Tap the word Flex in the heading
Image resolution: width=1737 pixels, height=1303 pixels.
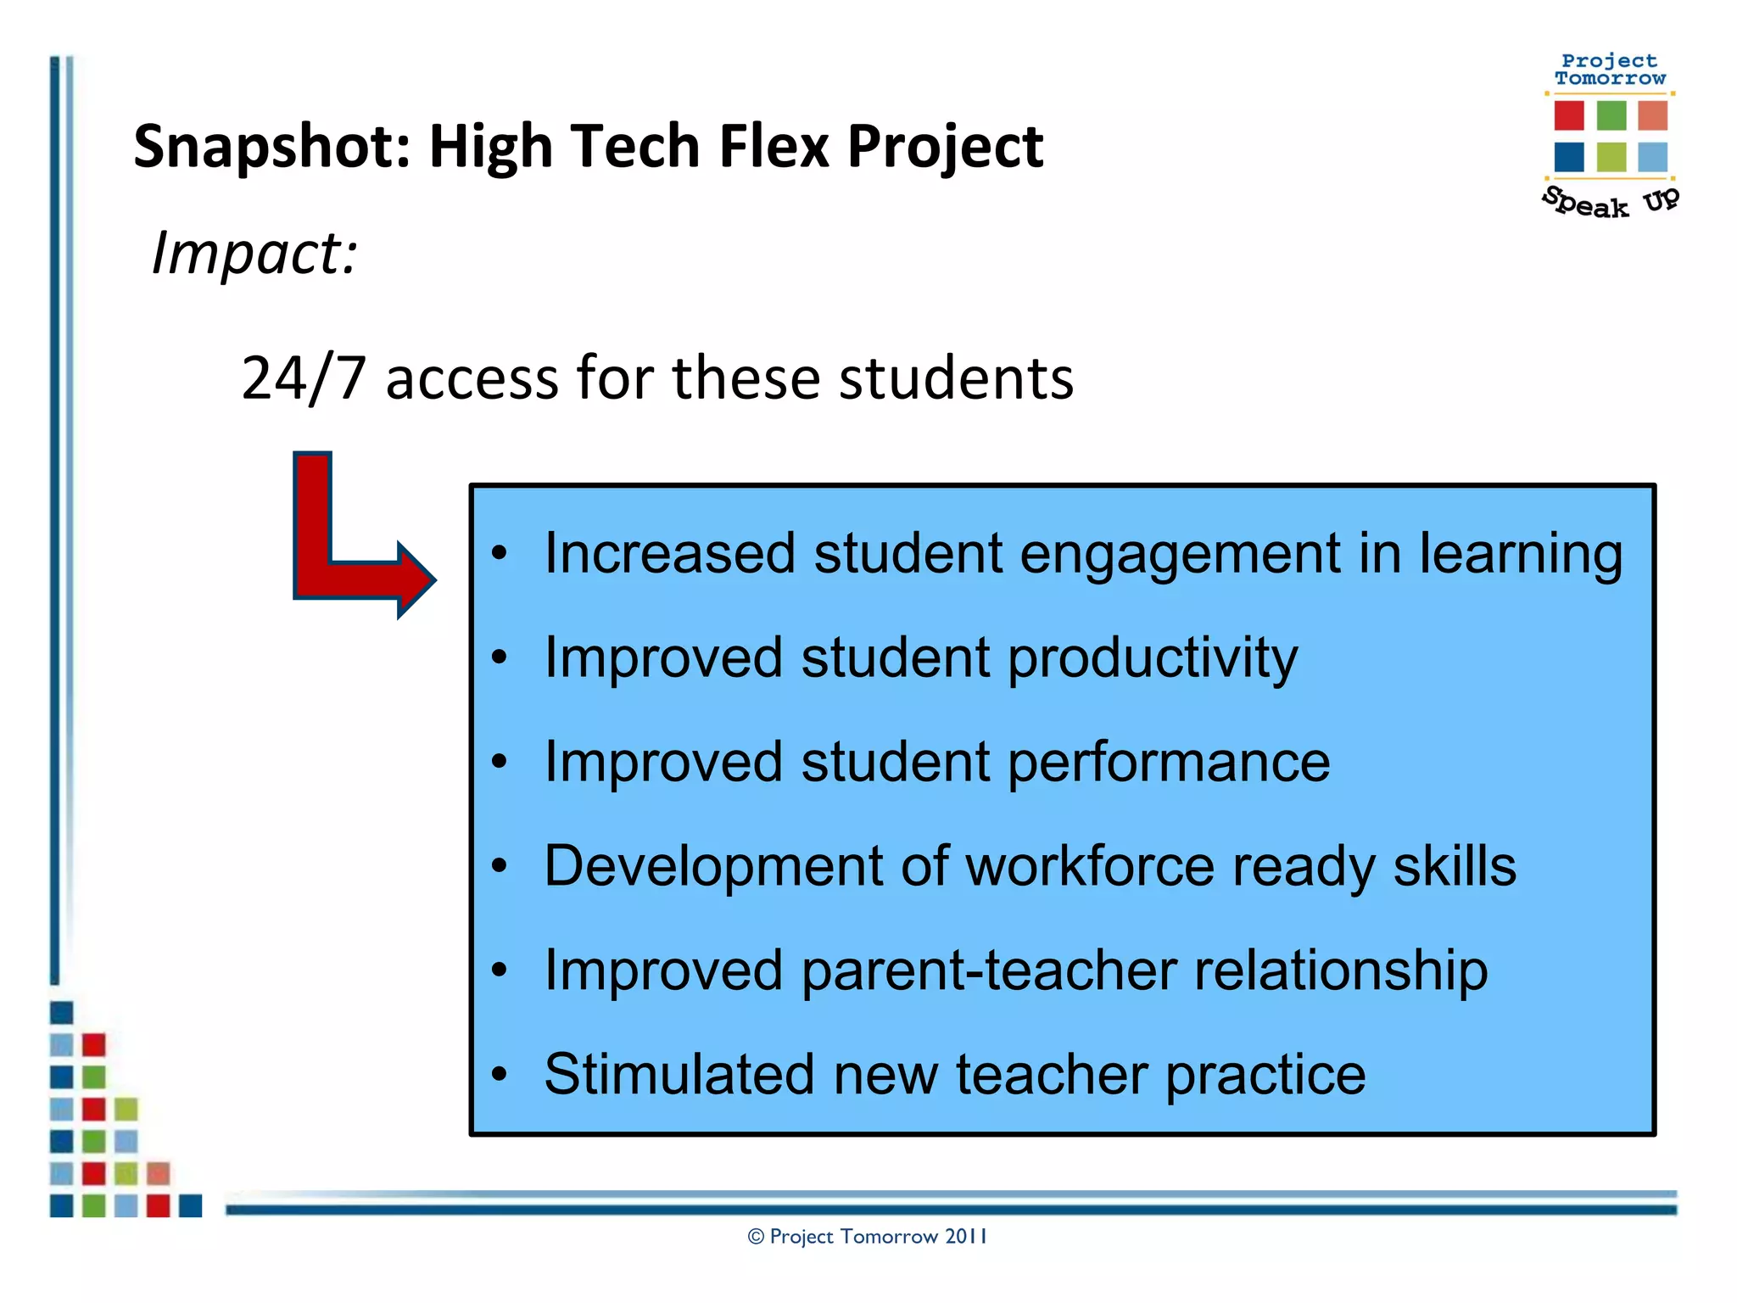point(774,146)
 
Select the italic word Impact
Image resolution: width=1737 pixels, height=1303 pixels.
point(254,253)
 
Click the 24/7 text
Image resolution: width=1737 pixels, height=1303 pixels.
point(303,377)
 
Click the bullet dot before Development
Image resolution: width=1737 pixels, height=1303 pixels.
point(500,866)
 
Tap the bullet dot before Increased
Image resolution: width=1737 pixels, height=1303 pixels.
point(500,554)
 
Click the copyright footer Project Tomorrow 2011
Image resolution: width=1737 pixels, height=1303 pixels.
point(868,1236)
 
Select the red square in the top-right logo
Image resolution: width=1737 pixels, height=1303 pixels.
point(1568,115)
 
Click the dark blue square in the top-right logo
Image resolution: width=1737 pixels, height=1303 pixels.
point(1568,157)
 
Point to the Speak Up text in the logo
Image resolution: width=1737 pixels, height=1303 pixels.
point(1609,203)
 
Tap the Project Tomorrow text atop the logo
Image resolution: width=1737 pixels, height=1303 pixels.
point(1609,70)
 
